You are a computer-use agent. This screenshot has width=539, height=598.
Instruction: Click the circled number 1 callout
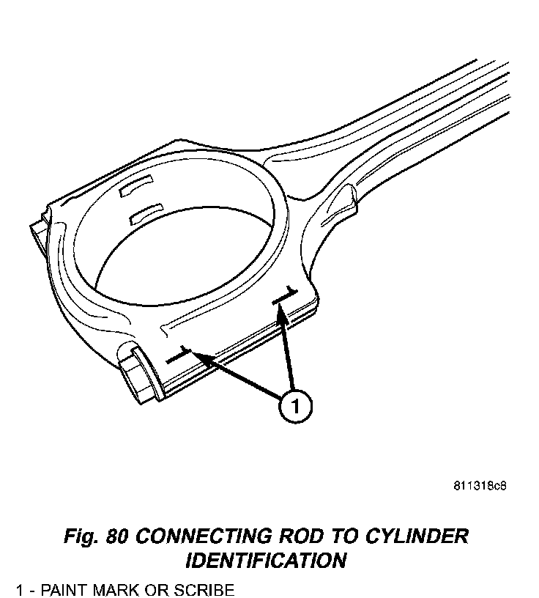(294, 407)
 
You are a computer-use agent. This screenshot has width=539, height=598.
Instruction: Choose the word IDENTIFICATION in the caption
(266, 561)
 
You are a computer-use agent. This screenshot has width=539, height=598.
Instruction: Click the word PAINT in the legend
(64, 589)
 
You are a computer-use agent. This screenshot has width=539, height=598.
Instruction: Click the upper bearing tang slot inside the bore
(135, 186)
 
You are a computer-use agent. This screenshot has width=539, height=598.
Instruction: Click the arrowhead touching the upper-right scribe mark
(280, 311)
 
